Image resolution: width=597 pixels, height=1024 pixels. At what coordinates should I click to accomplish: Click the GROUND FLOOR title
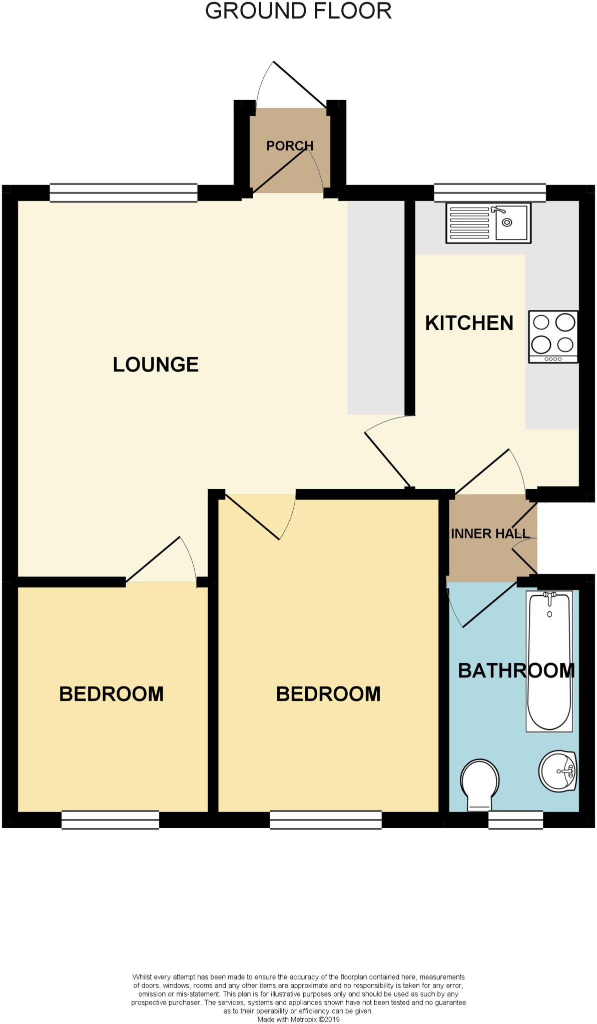tap(298, 11)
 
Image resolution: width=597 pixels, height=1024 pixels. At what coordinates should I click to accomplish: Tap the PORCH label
tap(290, 145)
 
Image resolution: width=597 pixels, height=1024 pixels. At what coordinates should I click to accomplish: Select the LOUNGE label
tap(156, 364)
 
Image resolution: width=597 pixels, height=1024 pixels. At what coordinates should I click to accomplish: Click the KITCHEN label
tap(469, 323)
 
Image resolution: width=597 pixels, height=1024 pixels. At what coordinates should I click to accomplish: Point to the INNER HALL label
tap(490, 533)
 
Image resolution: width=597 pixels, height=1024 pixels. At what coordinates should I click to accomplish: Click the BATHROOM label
tap(516, 670)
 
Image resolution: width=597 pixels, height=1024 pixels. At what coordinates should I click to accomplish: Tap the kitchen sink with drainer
tap(488, 223)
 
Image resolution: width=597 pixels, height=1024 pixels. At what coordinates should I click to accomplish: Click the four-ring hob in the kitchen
tap(553, 336)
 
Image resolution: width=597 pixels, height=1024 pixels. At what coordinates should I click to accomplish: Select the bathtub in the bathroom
tap(549, 661)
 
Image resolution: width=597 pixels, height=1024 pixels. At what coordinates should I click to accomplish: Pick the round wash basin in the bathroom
tap(557, 771)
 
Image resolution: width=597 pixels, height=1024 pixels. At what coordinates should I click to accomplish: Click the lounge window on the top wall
tap(123, 192)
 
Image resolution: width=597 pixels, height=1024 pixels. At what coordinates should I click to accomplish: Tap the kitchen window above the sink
tap(489, 192)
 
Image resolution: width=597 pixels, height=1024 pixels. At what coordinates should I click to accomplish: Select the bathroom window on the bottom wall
tap(515, 820)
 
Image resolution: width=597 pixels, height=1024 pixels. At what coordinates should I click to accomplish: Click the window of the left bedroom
tap(110, 820)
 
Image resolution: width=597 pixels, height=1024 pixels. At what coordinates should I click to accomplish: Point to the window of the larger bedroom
tap(325, 820)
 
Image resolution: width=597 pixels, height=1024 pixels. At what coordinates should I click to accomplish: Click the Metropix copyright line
tap(298, 1019)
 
